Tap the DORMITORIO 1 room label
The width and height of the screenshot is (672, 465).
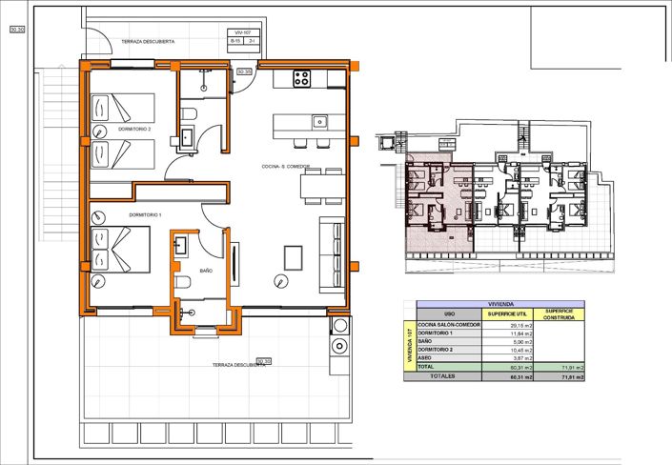(x=145, y=215)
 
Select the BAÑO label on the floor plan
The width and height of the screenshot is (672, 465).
(x=206, y=272)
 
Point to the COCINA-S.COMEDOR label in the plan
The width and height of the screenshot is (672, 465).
(x=287, y=167)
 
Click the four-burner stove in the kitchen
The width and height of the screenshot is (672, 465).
(x=301, y=79)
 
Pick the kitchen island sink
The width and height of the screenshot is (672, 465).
(x=321, y=121)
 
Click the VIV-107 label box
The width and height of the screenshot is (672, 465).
(x=241, y=32)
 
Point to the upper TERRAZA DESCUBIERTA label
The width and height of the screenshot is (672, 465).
(x=147, y=42)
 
